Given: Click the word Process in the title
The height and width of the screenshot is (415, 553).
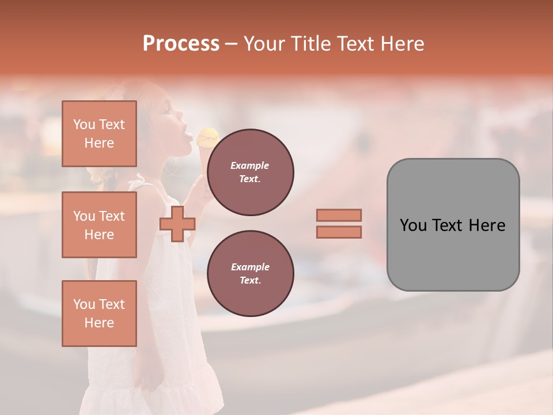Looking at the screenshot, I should tap(181, 44).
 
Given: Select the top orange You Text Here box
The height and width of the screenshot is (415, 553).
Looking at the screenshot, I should tap(99, 134).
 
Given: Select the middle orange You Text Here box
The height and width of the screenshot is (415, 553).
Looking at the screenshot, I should tap(99, 225).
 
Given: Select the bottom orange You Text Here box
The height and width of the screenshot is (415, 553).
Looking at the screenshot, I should tap(99, 314).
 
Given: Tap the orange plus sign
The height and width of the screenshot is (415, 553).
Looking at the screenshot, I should tap(177, 225).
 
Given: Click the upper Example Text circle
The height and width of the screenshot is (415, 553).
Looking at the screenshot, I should tap(251, 172).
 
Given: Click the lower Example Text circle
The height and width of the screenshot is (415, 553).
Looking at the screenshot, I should tap(251, 274).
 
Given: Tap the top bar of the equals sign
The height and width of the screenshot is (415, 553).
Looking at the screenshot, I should tap(339, 216).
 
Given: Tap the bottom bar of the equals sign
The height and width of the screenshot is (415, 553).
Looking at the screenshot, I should tap(339, 232).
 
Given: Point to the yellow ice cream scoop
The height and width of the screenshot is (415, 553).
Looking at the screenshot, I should tap(208, 137).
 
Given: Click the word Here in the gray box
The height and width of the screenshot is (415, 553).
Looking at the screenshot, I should tap(487, 225).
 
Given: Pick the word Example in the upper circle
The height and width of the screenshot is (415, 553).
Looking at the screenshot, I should tap(250, 165).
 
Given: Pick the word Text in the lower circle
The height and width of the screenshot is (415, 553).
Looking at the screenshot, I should tap(250, 281).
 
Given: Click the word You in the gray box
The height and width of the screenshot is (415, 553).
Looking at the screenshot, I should tap(414, 225).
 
